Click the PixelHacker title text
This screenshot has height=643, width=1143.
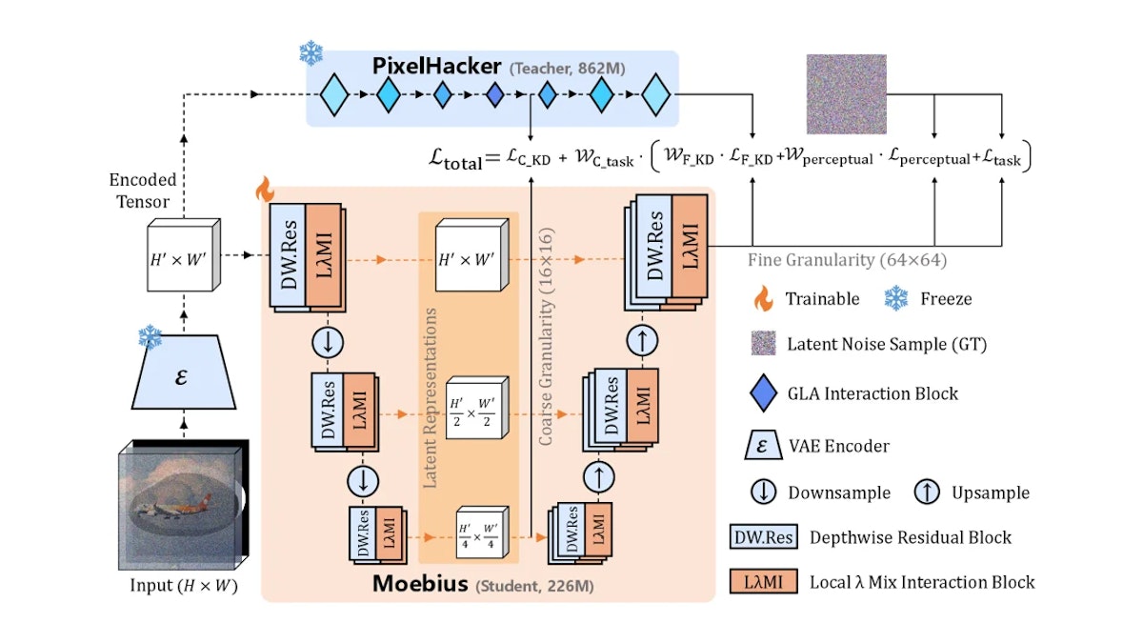click(436, 67)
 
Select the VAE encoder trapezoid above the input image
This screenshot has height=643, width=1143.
click(184, 372)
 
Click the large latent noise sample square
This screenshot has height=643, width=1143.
click(846, 94)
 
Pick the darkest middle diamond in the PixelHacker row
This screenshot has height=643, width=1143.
click(494, 94)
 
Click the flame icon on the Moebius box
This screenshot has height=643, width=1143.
click(265, 189)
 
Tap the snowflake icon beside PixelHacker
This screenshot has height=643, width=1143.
click(311, 52)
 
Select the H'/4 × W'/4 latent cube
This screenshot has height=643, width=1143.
click(482, 532)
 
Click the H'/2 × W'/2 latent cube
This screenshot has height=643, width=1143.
click(477, 408)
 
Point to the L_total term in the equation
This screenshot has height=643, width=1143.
click(455, 159)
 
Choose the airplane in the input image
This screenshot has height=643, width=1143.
click(169, 506)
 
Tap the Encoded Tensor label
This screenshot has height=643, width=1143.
click(142, 191)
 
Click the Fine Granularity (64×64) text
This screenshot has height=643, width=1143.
click(847, 260)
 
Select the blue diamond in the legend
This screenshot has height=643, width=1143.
click(763, 392)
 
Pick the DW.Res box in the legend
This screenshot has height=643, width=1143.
click(763, 537)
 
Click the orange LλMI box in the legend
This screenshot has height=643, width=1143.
click(763, 581)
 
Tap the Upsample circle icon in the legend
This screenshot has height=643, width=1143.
click(927, 492)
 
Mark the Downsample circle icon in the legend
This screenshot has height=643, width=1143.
click(763, 492)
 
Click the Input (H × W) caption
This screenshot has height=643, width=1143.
click(184, 585)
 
